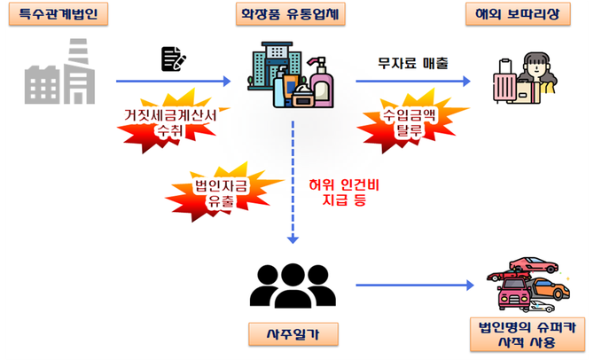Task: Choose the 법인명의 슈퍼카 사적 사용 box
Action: [522, 334]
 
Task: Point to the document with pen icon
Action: [173, 59]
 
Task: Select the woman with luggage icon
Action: [537, 75]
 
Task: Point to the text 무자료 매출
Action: [411, 63]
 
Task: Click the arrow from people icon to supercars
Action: [411, 286]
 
